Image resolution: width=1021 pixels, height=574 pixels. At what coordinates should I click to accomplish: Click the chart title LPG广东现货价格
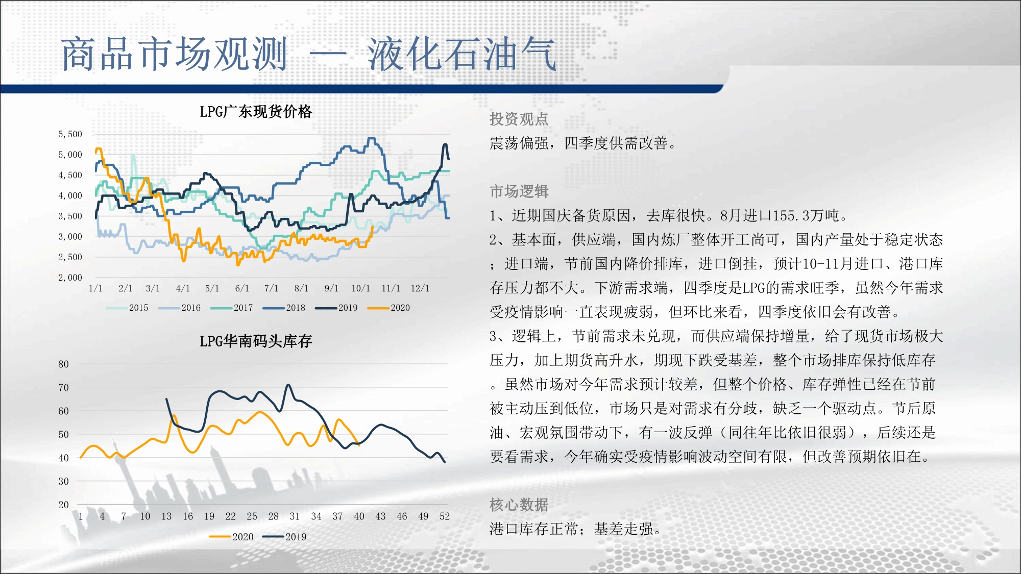coord(256,111)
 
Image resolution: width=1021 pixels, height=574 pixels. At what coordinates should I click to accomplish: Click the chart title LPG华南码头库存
coord(256,341)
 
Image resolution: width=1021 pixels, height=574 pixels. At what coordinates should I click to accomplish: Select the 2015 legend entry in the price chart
coord(127,308)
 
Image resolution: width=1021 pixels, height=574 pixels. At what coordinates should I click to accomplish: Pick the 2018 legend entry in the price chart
coord(284,308)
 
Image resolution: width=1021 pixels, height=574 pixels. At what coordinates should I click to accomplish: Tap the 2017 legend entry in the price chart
coord(232,308)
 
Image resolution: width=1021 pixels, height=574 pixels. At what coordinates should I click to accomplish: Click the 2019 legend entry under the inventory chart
coord(284,537)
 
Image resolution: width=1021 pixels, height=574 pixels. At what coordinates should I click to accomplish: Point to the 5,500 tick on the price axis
coord(70,134)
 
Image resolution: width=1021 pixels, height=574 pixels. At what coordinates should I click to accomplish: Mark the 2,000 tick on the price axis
coord(70,278)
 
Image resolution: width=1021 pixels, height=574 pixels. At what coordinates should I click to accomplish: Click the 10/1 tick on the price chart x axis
coord(360,288)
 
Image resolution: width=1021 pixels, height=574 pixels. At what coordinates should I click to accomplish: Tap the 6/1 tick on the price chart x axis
coord(242,288)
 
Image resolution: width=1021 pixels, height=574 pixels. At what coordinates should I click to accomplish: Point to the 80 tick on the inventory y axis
coord(63,364)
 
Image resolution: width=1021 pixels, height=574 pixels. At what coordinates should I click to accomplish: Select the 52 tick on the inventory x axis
coord(445,516)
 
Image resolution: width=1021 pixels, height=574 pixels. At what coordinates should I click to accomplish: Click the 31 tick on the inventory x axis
coord(295,516)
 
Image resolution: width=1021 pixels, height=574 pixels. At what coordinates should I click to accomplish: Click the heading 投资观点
coord(519,119)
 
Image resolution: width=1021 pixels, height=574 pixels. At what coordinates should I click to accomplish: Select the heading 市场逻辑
coord(519,191)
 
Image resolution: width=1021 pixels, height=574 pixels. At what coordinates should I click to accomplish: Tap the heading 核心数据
coord(519,505)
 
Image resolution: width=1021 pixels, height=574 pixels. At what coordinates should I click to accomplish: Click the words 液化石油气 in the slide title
coord(461,54)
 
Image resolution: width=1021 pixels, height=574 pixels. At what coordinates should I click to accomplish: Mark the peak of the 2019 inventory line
coord(288,385)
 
